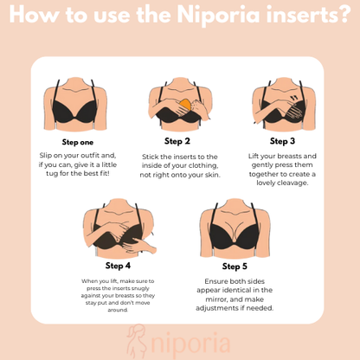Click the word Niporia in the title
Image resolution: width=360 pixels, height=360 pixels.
[218, 15]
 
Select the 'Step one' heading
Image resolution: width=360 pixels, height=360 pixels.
[78, 142]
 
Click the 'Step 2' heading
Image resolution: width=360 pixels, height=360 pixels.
[177, 141]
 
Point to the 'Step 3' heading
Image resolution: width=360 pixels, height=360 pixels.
[282, 141]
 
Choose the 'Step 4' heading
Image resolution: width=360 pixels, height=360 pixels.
[118, 266]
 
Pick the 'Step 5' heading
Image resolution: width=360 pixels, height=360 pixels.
[235, 267]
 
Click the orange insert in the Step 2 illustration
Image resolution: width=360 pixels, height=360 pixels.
[185, 105]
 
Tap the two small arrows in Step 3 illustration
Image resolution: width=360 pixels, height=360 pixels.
[294, 99]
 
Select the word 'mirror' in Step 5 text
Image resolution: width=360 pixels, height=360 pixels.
[216, 299]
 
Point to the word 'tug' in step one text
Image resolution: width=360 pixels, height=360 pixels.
[52, 174]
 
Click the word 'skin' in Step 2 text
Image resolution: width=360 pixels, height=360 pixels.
[212, 175]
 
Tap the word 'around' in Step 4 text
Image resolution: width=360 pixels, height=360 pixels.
[118, 310]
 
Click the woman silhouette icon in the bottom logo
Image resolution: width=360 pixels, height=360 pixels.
[137, 341]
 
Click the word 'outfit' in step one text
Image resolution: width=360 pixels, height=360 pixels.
[90, 156]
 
